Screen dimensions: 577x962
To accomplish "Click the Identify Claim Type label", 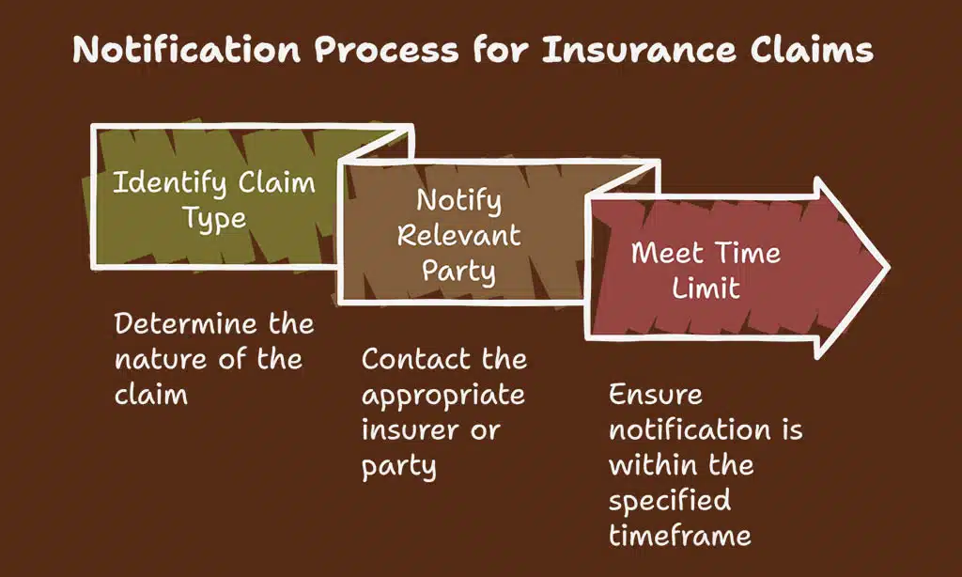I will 213,200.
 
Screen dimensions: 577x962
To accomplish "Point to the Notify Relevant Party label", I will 458,235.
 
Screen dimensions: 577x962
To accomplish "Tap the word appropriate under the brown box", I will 443,395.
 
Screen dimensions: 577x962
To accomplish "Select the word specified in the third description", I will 669,499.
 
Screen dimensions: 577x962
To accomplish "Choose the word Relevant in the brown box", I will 458,235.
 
